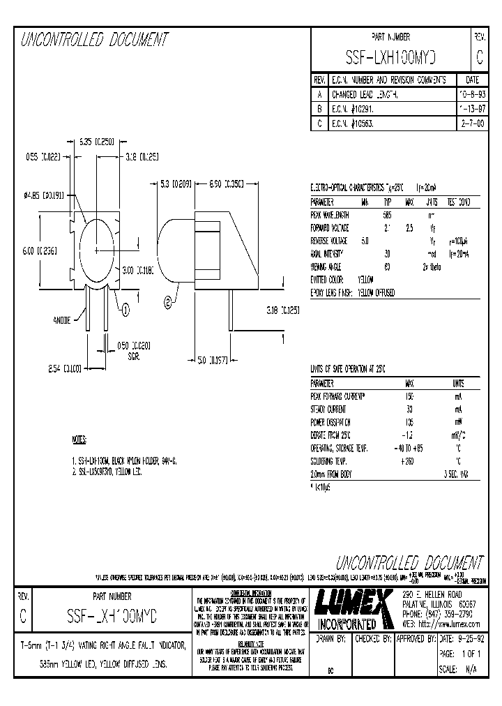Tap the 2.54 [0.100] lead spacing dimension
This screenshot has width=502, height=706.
click(66, 367)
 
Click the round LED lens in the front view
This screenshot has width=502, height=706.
click(97, 248)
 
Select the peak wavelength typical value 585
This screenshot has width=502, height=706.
click(388, 215)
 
